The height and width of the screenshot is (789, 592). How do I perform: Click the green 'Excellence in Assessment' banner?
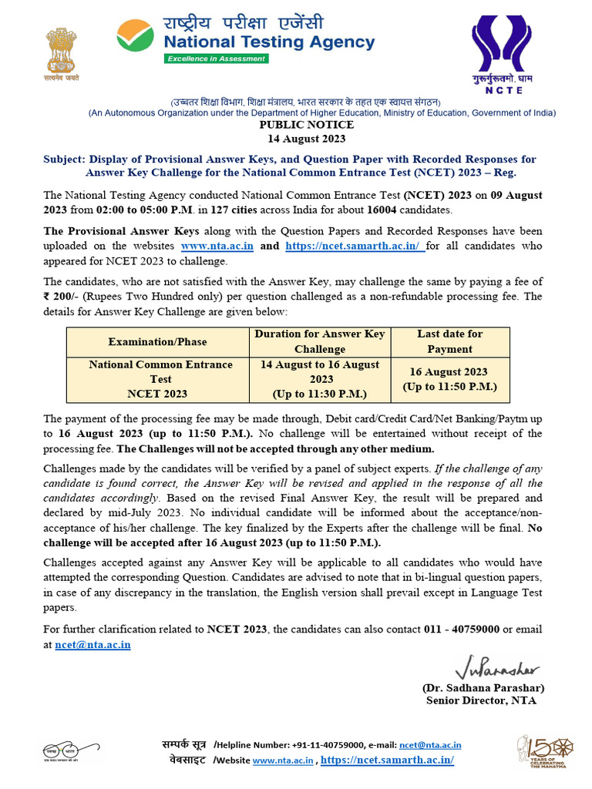point(216,59)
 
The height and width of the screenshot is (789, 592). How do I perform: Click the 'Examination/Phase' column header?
point(157,341)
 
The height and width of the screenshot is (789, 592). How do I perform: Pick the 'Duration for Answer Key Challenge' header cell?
point(320,341)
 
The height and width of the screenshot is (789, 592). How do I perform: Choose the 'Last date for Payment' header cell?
point(449,341)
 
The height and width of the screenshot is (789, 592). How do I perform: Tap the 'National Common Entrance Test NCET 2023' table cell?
point(160,379)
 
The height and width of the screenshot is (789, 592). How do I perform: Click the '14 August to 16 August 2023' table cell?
point(320,379)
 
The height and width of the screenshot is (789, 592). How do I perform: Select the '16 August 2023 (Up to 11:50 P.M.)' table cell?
point(449,379)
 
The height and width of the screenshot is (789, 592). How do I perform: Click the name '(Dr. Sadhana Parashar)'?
point(483,687)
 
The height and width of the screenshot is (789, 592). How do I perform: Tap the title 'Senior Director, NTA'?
point(481,700)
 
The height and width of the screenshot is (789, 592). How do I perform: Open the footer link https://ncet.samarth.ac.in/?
point(387,760)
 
